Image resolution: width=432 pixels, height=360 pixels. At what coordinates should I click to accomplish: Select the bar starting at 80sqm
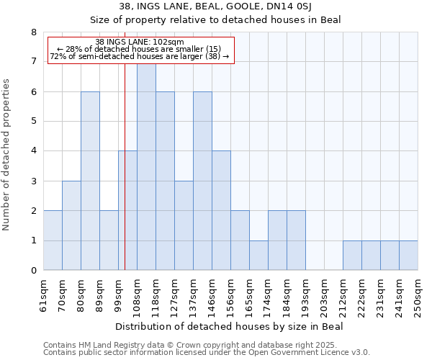[x=90, y=181]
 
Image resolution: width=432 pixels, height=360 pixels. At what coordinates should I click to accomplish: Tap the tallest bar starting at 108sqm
[x=146, y=167]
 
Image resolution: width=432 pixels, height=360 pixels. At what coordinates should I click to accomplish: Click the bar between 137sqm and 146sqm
[x=202, y=181]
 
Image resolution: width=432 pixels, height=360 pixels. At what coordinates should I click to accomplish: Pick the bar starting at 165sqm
[x=258, y=255]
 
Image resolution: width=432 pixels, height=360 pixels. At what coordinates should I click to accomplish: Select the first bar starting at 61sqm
[x=53, y=240]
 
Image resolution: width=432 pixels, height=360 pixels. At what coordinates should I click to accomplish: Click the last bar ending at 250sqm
[x=408, y=255]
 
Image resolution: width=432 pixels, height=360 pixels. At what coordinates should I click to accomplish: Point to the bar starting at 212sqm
[x=352, y=255]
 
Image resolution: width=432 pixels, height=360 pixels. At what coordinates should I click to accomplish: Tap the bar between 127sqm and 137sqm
[x=184, y=225]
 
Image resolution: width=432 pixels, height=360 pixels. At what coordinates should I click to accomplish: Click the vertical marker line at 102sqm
[x=125, y=180]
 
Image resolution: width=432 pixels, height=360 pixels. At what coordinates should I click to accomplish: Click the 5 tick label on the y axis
[x=33, y=122]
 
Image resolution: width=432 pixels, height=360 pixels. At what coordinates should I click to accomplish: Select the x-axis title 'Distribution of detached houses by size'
[x=230, y=327]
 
